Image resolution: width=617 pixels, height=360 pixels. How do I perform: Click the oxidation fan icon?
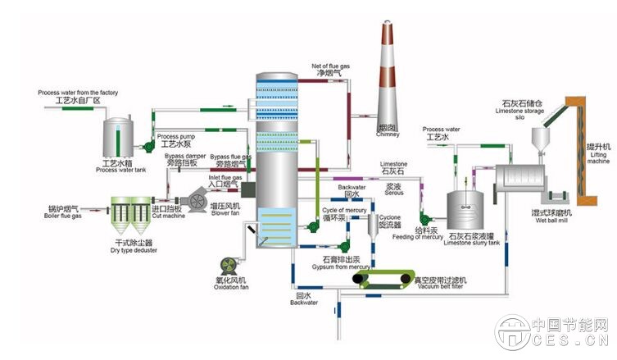(227, 267)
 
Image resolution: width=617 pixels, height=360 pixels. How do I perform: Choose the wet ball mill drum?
(533, 187)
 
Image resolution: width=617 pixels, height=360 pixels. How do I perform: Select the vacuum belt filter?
(390, 281)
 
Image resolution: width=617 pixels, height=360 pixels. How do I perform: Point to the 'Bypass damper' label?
(184, 155)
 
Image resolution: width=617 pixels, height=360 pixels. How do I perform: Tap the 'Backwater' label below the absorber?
(303, 303)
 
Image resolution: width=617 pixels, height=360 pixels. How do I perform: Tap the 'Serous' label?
(370, 194)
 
